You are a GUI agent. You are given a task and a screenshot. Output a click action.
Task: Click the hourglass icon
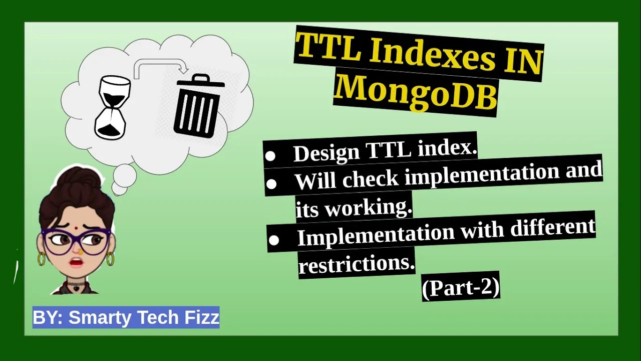click(x=113, y=107)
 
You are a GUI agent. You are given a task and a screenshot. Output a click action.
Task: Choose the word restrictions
click(x=357, y=264)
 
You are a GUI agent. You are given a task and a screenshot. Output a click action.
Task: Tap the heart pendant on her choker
click(x=76, y=288)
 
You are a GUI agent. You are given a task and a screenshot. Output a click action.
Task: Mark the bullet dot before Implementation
click(x=273, y=240)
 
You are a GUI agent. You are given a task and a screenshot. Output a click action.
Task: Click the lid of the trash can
click(x=201, y=81)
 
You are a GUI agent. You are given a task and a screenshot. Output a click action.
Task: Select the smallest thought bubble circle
click(x=119, y=189)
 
